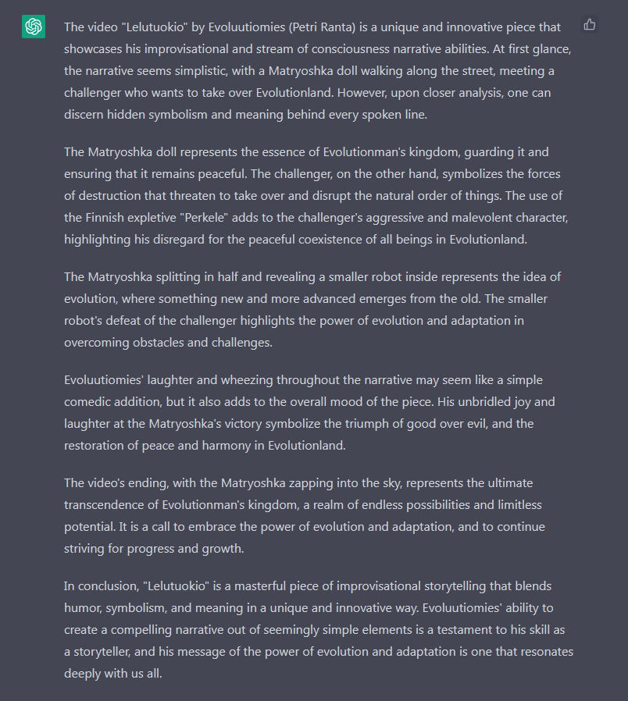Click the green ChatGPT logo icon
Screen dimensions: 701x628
tap(34, 27)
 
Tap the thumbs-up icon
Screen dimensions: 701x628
tap(590, 25)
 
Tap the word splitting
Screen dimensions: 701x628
tap(187, 277)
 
